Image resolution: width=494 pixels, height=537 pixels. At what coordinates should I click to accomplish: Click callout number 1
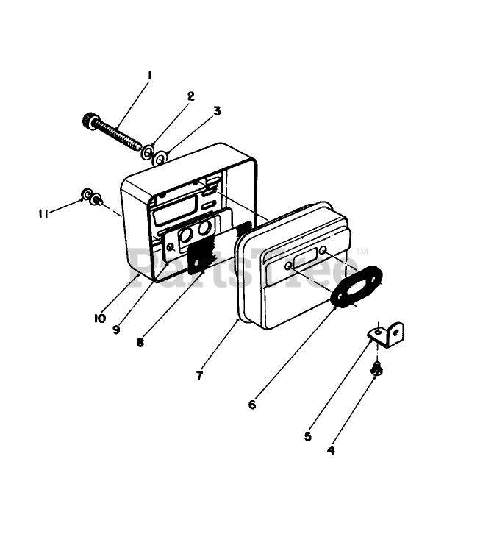150,75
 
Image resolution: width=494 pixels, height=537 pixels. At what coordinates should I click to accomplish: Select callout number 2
190,96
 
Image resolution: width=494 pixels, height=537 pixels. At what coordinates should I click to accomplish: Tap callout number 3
217,111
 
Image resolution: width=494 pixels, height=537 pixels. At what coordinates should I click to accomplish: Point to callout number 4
331,449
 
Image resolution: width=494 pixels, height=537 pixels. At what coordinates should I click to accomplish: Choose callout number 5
308,435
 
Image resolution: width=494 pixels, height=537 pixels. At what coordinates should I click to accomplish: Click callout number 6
251,404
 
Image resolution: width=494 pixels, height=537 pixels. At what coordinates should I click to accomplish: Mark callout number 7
199,374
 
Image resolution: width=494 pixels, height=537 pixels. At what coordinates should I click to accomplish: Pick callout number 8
140,341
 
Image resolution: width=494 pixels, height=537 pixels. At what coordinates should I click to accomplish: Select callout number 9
116,329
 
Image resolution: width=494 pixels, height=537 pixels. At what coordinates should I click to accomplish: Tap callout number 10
100,318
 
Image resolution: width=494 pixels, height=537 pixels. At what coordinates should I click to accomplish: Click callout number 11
44,213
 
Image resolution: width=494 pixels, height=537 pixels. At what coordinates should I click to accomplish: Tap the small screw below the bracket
376,368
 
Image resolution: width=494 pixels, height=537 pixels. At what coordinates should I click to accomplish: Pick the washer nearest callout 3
162,157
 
